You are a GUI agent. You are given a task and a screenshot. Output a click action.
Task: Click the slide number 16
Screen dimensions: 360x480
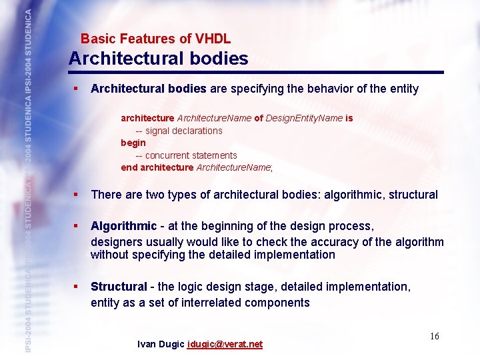pos(434,336)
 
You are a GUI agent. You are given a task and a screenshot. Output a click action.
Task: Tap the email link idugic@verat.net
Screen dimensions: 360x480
pos(225,344)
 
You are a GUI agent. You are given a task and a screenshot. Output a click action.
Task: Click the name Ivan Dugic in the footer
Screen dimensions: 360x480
pos(161,344)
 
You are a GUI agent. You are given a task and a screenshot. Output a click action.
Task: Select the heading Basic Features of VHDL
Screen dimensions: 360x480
pos(155,39)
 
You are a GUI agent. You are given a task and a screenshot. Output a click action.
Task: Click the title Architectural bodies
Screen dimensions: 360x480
pos(158,59)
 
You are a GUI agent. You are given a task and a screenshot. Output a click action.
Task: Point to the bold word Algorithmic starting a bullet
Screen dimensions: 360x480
pos(123,226)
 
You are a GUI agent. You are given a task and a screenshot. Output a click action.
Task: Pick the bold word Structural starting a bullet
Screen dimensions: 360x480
pos(119,287)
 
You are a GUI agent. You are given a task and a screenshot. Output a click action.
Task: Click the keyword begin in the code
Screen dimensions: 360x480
pos(133,143)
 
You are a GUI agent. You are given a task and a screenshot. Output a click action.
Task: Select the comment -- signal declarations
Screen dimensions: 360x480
pos(179,131)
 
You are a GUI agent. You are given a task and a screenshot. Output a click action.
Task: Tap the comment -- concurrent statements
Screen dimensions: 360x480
pos(186,155)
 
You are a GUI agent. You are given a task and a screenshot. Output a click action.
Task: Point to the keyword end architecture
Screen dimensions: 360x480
pos(157,167)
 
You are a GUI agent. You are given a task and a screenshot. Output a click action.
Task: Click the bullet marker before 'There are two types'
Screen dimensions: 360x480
pos(77,195)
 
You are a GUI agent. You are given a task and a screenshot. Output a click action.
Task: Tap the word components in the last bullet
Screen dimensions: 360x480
pos(277,303)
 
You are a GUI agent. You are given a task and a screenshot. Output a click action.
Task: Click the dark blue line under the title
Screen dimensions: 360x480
pos(257,72)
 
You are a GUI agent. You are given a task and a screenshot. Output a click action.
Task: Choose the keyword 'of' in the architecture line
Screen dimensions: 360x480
pos(258,118)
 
